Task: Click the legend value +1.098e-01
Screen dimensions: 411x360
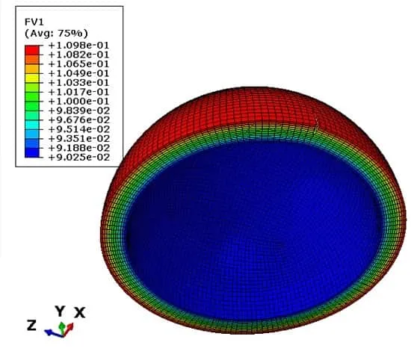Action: point(78,46)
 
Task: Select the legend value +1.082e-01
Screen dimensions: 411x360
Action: point(78,55)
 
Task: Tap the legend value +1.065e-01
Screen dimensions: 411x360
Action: point(78,64)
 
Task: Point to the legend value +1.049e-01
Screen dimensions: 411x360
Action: point(78,74)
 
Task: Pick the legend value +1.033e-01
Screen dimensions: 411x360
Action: point(78,83)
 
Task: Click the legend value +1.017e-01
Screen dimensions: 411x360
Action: point(78,92)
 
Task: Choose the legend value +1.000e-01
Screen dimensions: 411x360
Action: point(78,102)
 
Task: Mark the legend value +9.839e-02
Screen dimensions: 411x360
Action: point(79,111)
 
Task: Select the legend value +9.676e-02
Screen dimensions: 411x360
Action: point(79,120)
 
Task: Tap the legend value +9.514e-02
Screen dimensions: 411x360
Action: point(79,129)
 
